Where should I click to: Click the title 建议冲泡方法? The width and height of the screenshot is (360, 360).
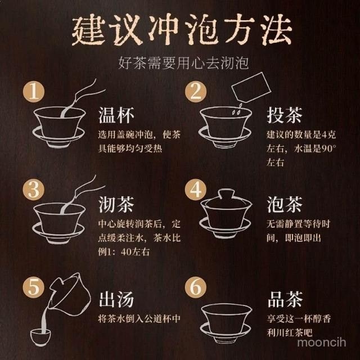pyautogui.click(x=182, y=30)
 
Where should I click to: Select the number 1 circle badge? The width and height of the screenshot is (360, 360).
pyautogui.click(x=34, y=92)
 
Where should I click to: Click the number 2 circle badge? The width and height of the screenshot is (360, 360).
pyautogui.click(x=196, y=92)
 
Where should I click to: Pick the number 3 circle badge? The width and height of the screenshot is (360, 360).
pyautogui.click(x=34, y=190)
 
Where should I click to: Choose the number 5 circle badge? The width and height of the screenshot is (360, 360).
pyautogui.click(x=34, y=287)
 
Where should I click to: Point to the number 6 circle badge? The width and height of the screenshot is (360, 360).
pyautogui.click(x=196, y=287)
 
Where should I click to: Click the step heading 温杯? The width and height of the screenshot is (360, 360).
pyautogui.click(x=116, y=115)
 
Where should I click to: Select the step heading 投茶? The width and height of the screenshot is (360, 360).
pyautogui.click(x=285, y=115)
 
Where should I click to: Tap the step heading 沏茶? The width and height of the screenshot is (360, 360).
pyautogui.click(x=116, y=204)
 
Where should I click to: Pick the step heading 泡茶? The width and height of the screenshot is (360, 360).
pyautogui.click(x=285, y=204)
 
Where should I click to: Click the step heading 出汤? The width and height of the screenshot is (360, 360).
pyautogui.click(x=116, y=299)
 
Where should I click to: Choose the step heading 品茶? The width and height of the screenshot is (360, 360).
pyautogui.click(x=285, y=299)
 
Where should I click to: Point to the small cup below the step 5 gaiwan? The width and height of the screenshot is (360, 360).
pyautogui.click(x=40, y=337)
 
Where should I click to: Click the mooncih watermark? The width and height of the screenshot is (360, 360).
pyautogui.click(x=321, y=342)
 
